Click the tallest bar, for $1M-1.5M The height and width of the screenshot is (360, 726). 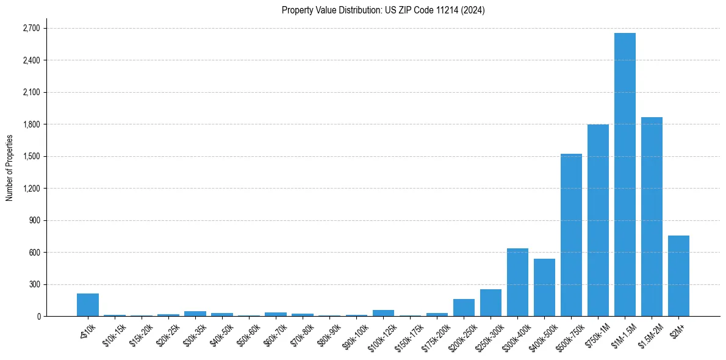[x=625, y=175]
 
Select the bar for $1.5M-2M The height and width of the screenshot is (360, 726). [x=652, y=217]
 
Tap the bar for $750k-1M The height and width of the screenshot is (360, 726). [x=598, y=220]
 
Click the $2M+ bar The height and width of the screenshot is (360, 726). [x=678, y=276]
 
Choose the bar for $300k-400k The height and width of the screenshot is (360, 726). [x=517, y=283]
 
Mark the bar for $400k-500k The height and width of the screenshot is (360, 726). [x=544, y=287]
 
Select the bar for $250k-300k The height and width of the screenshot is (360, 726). [x=491, y=303]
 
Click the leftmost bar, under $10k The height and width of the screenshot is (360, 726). [x=88, y=305]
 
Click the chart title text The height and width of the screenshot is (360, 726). [x=383, y=10]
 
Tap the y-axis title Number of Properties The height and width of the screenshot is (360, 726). [x=9, y=167]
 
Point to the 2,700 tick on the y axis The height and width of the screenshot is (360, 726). [x=31, y=29]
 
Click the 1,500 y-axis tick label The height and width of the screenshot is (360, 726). [x=31, y=157]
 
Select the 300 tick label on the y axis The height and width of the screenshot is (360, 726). [x=33, y=284]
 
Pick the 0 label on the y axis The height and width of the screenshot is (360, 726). [x=38, y=317]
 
